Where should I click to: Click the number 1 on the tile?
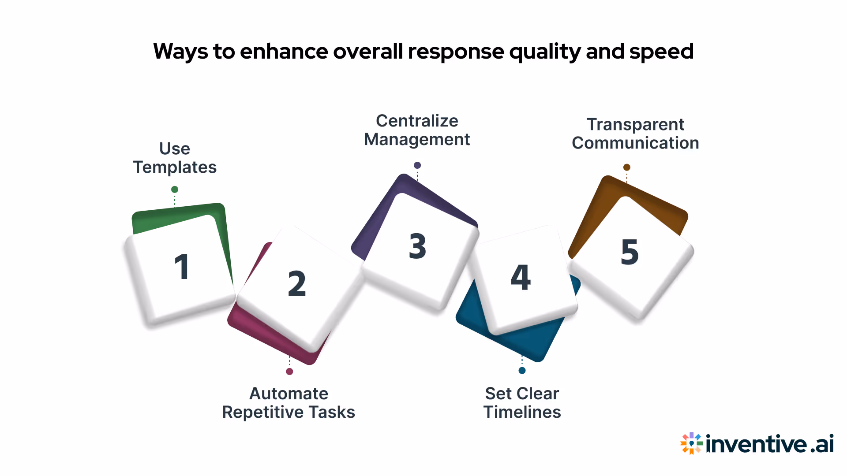(x=182, y=267)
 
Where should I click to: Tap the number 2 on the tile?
(x=297, y=283)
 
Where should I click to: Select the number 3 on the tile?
(x=417, y=246)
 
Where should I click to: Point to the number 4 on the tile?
(x=521, y=277)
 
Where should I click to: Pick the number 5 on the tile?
(x=630, y=252)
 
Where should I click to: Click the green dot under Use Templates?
(x=175, y=190)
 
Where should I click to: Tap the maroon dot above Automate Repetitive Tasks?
(x=289, y=372)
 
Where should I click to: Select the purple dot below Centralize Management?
(x=417, y=165)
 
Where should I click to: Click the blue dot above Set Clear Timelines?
(x=522, y=371)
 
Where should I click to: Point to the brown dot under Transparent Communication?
(x=627, y=167)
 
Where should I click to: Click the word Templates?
(x=175, y=167)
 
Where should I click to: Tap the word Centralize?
(x=417, y=121)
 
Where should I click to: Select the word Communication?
(x=635, y=143)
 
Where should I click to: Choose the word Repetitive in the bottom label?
(x=262, y=413)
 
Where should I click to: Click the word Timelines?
(x=522, y=413)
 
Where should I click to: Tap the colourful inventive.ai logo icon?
(x=691, y=443)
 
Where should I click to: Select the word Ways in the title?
(x=180, y=52)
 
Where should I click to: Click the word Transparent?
(x=635, y=125)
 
